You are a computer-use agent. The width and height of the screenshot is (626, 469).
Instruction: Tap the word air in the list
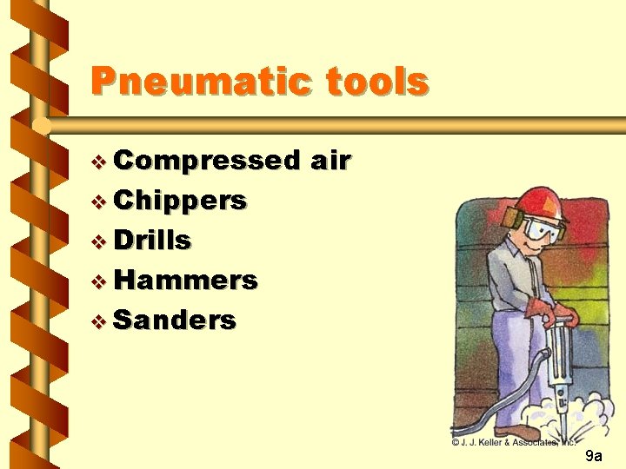coord(330,161)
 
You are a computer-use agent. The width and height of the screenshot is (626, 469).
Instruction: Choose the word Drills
coord(153,240)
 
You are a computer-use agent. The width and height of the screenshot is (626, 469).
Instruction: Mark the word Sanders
coord(175,320)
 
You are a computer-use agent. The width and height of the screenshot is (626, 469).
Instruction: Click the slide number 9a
coord(594,456)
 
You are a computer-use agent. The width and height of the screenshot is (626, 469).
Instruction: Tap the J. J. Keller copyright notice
coord(514,442)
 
